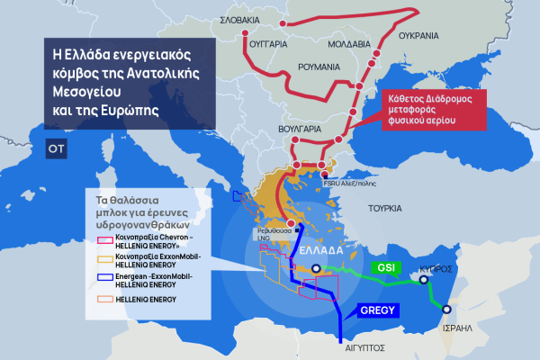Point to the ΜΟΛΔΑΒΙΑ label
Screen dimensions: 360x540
[x=347, y=42]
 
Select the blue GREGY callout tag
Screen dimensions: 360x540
[x=377, y=310]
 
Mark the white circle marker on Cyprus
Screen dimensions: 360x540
[x=423, y=280]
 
